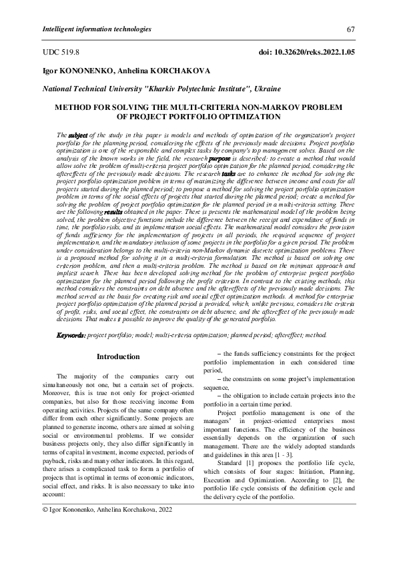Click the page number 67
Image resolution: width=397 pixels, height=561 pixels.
click(x=350, y=31)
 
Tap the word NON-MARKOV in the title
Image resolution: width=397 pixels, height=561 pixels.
click(x=252, y=107)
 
